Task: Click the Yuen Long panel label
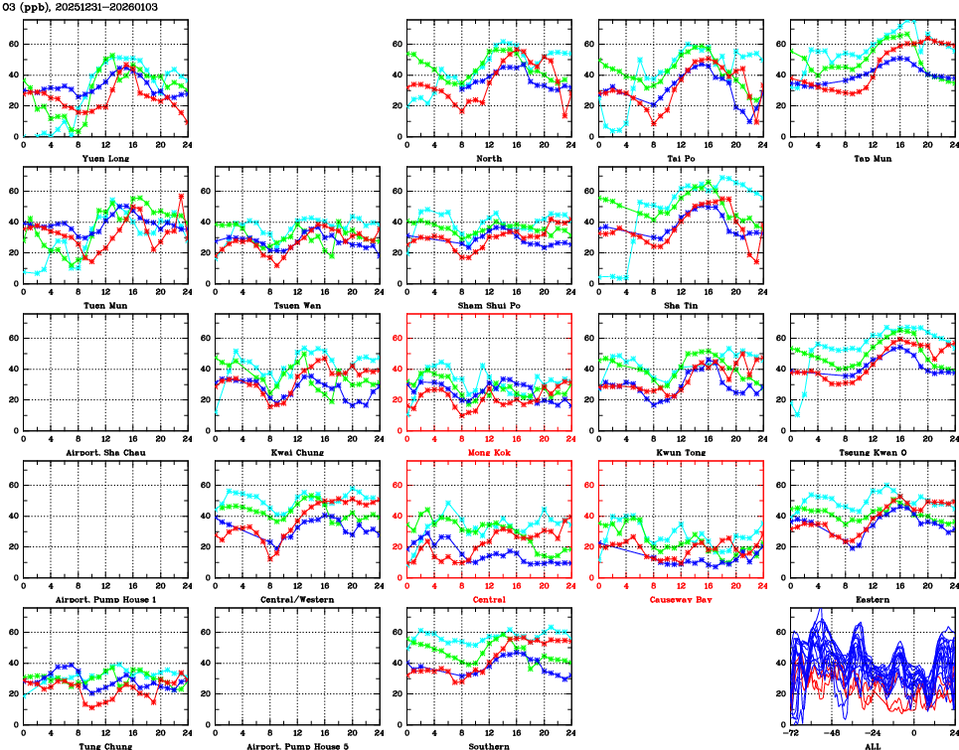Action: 105,158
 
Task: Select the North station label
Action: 489,158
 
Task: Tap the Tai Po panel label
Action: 680,158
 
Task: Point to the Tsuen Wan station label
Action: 297,305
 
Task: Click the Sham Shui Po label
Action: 489,305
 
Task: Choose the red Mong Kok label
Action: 489,453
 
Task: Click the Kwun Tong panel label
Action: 680,453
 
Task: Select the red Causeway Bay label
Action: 680,600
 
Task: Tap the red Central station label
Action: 489,600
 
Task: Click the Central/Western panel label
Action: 297,600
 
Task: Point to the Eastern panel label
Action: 872,600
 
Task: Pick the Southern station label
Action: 489,745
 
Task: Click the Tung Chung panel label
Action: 105,745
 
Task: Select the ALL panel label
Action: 872,745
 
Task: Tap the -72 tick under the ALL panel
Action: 791,734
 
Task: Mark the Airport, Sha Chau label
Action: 105,453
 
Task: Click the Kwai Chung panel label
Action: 297,453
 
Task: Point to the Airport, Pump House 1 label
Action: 105,600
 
